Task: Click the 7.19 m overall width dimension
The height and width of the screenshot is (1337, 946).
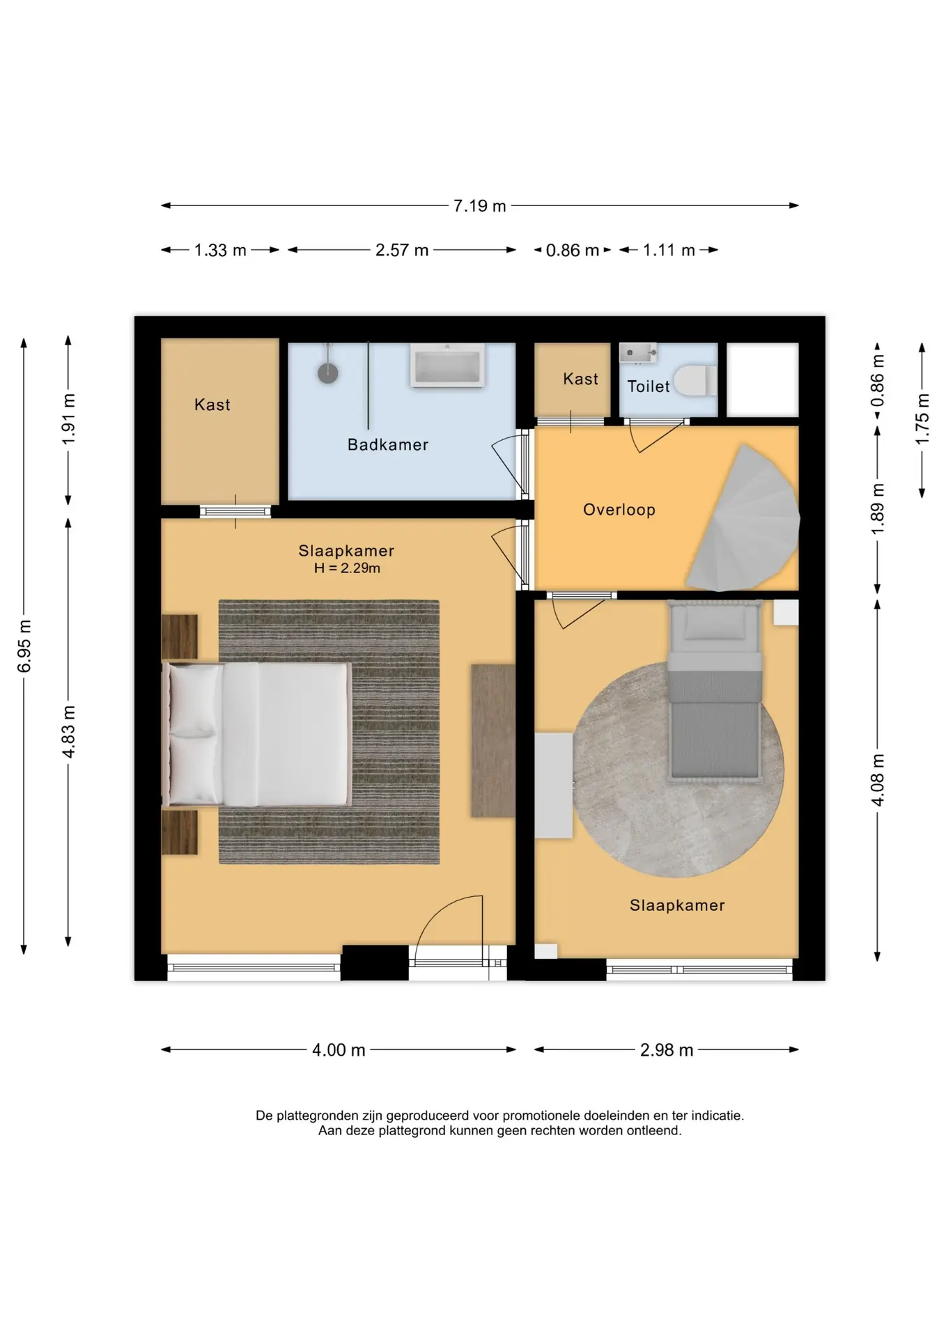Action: (480, 206)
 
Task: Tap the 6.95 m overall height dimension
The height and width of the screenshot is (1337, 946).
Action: (24, 646)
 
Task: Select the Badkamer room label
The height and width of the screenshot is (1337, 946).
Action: (388, 444)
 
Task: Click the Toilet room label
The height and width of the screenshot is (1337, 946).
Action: (648, 386)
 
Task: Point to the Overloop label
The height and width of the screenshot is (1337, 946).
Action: (619, 510)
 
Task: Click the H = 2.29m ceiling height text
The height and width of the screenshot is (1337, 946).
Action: (347, 568)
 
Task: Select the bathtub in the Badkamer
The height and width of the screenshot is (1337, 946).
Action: (448, 365)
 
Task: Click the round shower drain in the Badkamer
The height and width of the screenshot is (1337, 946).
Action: (328, 373)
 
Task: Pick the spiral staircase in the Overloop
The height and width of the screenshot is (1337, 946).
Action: (745, 518)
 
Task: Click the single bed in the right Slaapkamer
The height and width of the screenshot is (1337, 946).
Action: (714, 689)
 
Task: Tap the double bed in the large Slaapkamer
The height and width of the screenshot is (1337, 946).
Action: (256, 735)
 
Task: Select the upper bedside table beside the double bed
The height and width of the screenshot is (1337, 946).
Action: (180, 636)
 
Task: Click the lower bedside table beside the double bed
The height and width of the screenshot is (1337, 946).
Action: (180, 832)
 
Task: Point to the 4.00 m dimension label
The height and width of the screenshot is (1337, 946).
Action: (339, 1050)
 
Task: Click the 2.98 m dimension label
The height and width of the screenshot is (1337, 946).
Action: (667, 1050)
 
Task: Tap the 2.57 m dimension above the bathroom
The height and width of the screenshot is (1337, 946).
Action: (402, 250)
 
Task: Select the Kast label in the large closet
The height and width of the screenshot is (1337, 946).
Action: (212, 405)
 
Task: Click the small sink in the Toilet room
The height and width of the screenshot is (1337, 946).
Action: (638, 353)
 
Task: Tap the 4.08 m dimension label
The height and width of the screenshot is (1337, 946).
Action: (878, 780)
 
